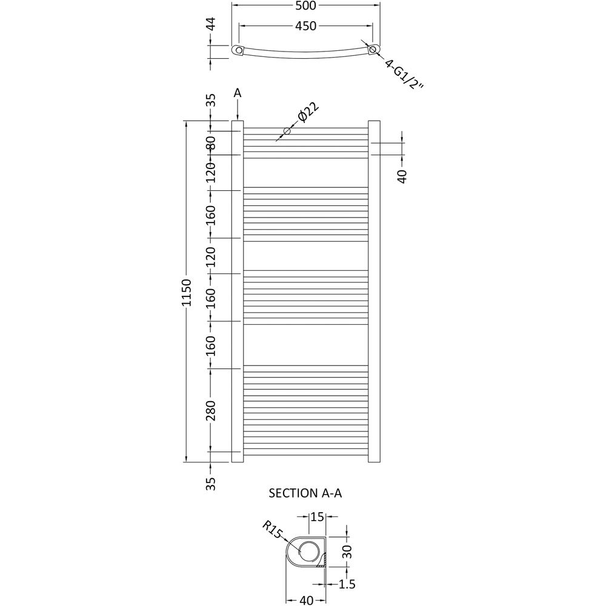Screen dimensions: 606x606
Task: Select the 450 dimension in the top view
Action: (x=306, y=26)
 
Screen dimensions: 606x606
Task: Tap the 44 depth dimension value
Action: (x=210, y=25)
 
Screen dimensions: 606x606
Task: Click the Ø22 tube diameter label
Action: (x=308, y=113)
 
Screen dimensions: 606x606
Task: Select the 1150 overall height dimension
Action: (x=187, y=292)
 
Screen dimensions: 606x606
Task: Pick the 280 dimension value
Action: (x=210, y=411)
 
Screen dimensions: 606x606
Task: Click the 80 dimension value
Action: (x=210, y=144)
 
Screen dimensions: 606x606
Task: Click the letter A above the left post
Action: (x=238, y=93)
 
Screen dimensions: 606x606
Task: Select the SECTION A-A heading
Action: (x=305, y=493)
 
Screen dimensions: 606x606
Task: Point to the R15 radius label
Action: (x=273, y=530)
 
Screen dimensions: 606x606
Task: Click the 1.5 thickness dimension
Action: (x=347, y=584)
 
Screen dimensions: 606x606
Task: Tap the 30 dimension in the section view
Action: (x=347, y=551)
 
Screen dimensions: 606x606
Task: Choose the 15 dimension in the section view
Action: (x=317, y=517)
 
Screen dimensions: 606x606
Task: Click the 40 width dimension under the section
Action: (x=307, y=601)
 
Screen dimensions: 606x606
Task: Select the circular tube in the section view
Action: (x=309, y=551)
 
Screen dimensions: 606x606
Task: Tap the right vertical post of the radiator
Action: (x=374, y=291)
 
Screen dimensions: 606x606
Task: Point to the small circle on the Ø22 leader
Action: (x=287, y=131)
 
